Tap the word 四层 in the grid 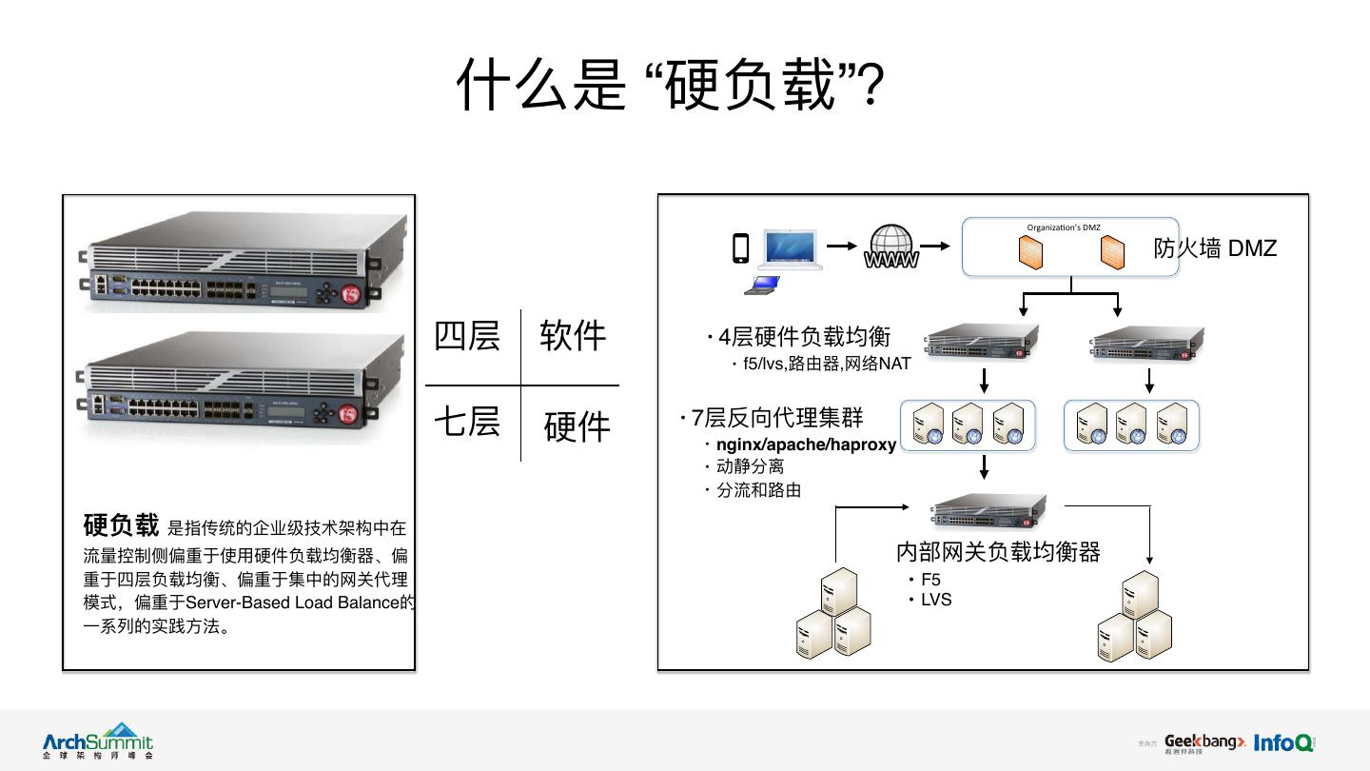tap(466, 336)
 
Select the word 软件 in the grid tap(573, 336)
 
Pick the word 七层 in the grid tap(466, 421)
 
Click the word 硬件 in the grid tap(577, 427)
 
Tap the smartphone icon tap(740, 247)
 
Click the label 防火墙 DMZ tap(1215, 248)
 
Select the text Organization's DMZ tap(1063, 227)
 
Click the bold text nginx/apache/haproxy tap(806, 445)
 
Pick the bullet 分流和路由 tap(758, 490)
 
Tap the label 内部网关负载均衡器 tap(998, 552)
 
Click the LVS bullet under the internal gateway tap(936, 600)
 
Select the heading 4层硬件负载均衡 tap(804, 337)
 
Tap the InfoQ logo tap(1283, 742)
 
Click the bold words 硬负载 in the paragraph tap(121, 525)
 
